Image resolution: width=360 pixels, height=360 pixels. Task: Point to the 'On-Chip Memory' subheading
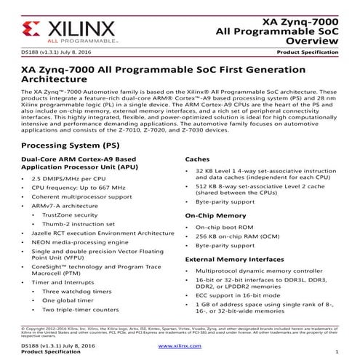[216, 215]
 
